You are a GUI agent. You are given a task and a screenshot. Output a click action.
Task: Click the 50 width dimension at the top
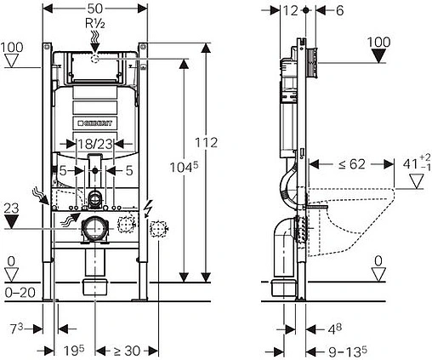pos(95,9)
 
